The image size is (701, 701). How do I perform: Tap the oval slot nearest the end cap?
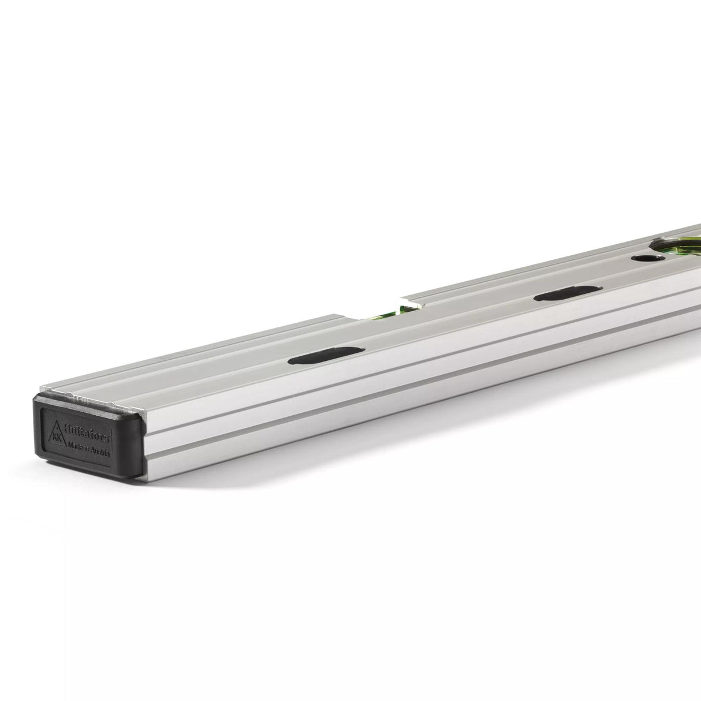[x=327, y=356]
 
